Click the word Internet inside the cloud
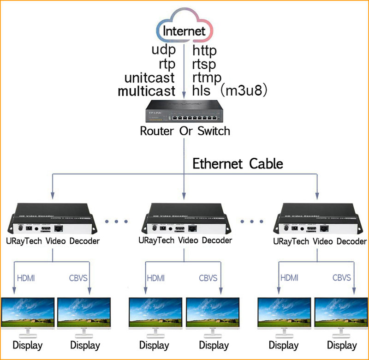(184, 31)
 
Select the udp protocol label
(164, 50)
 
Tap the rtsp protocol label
(204, 64)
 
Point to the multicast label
(147, 90)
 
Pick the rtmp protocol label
(207, 77)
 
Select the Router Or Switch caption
(184, 131)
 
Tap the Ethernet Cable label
(238, 163)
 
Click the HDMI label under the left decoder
(26, 278)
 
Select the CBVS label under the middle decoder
(208, 278)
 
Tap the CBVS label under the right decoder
(342, 278)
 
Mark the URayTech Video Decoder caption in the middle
(185, 240)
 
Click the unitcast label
(150, 77)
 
